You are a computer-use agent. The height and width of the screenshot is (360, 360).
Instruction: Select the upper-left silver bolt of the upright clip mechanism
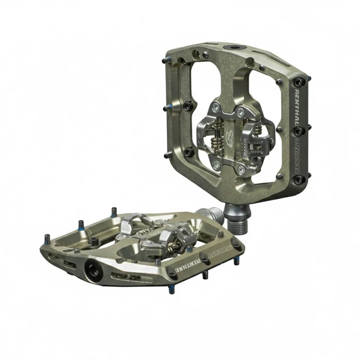pos(216,107)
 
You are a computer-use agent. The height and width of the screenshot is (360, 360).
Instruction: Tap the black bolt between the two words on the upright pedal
pos(299,130)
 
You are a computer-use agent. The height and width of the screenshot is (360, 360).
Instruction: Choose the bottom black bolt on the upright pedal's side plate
pos(299,180)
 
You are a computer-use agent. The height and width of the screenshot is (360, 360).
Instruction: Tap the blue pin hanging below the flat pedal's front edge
pos(171,290)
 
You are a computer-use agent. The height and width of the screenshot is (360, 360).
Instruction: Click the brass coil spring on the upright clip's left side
pos(214,130)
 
